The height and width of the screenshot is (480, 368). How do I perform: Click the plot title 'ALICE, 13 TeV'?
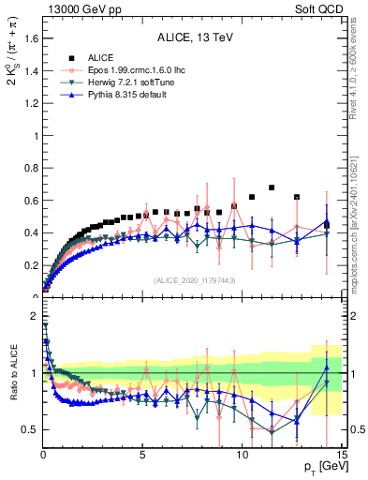[193, 37]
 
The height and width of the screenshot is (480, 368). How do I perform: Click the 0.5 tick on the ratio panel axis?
[28, 429]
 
